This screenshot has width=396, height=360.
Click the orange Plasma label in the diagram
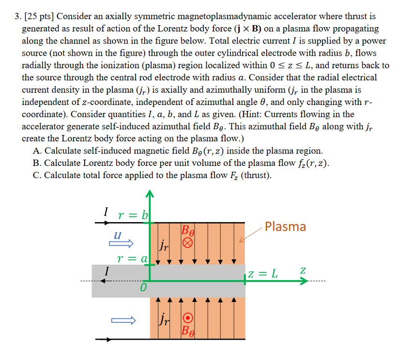click(x=285, y=226)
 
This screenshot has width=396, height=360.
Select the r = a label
click(x=131, y=259)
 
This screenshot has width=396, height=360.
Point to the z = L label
click(x=264, y=274)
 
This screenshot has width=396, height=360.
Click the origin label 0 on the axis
click(x=143, y=289)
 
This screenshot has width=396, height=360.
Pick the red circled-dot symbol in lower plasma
click(x=189, y=318)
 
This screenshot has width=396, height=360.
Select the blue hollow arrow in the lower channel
click(x=122, y=320)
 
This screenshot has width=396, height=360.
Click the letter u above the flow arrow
click(x=117, y=235)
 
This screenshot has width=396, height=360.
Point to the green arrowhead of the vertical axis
click(x=150, y=195)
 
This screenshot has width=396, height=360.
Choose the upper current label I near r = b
click(x=106, y=211)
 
